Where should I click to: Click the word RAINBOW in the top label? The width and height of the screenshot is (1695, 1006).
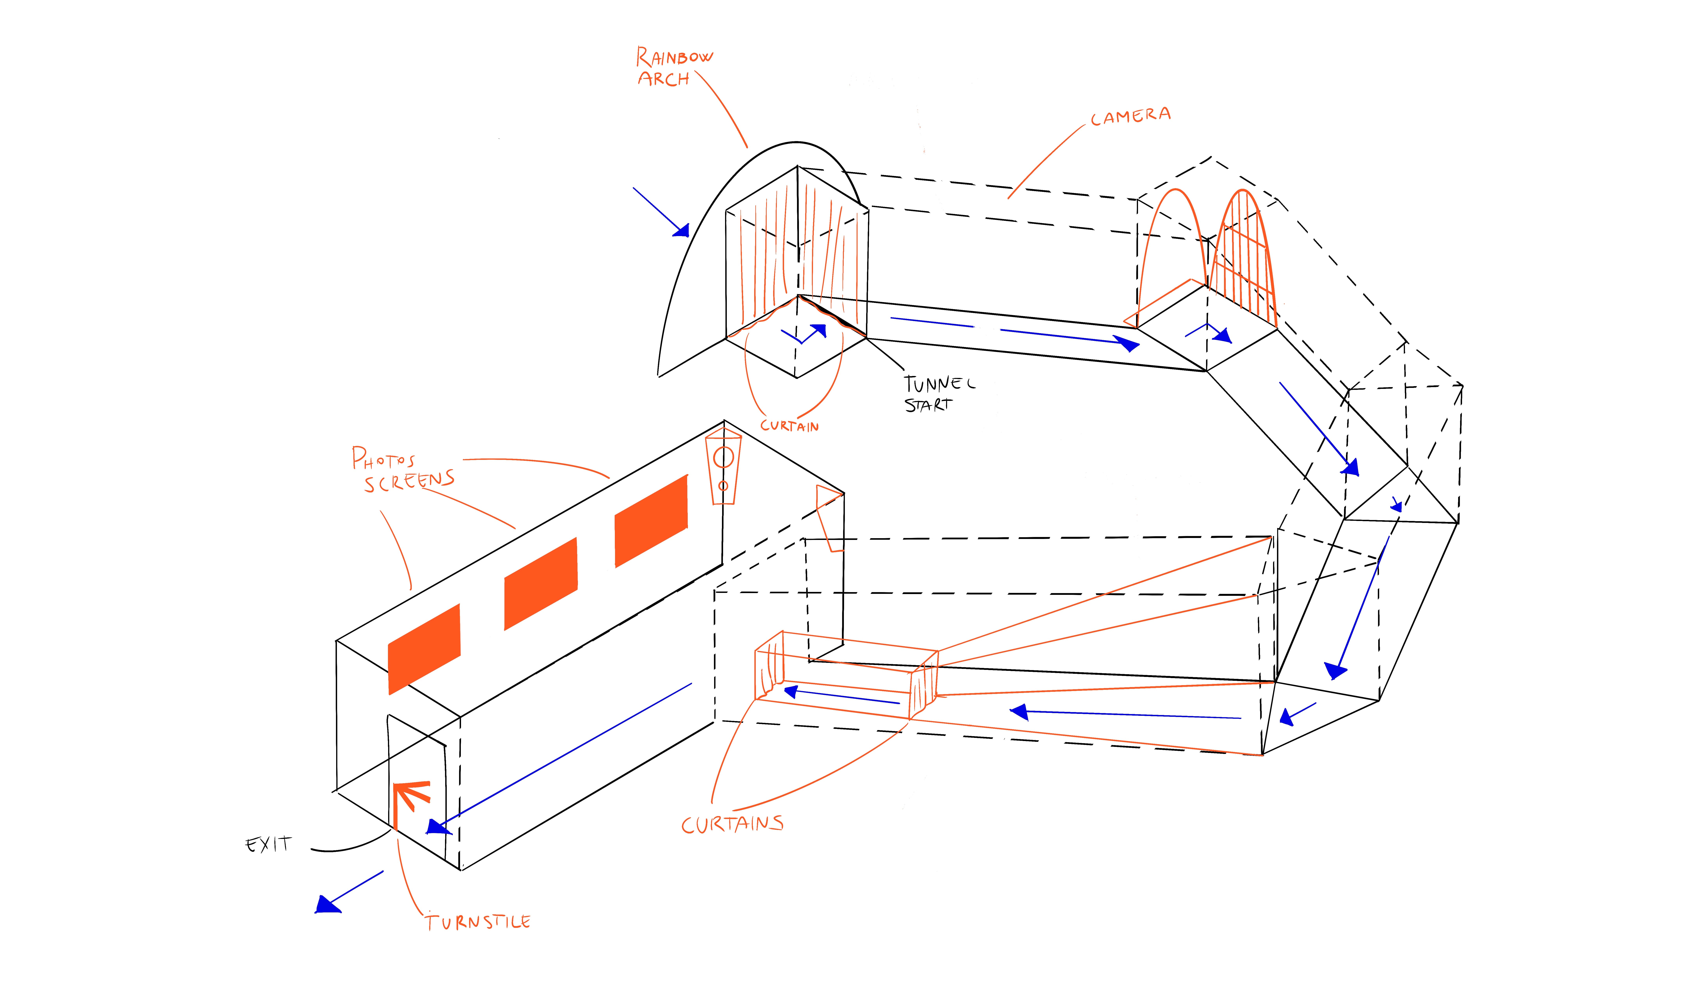[675, 57]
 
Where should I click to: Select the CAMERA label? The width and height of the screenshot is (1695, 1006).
[1130, 116]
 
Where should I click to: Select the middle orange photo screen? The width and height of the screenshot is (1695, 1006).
[540, 584]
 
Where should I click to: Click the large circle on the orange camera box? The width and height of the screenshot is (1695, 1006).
[723, 458]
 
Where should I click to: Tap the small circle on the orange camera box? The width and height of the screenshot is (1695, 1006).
[723, 485]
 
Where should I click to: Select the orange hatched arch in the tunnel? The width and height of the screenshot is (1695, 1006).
[1244, 258]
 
